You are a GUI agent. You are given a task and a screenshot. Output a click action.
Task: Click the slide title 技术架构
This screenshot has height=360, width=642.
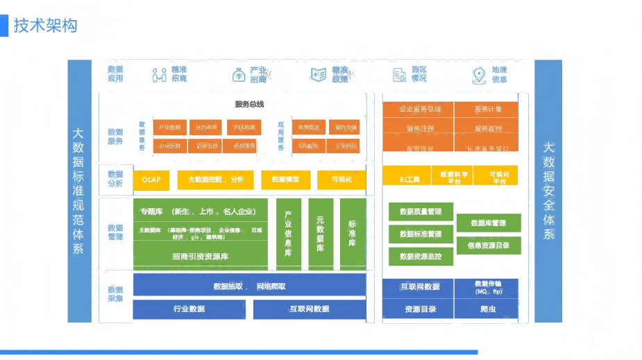click(x=46, y=26)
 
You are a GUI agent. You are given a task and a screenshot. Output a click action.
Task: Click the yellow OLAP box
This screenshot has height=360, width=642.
click(x=151, y=179)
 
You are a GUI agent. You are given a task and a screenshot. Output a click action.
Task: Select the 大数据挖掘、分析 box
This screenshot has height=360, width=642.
click(x=216, y=179)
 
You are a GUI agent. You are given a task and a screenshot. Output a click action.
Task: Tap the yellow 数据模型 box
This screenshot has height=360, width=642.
click(x=286, y=179)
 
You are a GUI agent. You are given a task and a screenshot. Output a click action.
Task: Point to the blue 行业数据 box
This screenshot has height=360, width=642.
click(x=189, y=309)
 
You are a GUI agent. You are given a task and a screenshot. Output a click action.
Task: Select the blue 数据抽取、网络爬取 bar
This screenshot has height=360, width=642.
click(x=249, y=285)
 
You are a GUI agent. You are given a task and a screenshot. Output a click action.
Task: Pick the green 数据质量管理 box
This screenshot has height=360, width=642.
click(x=421, y=212)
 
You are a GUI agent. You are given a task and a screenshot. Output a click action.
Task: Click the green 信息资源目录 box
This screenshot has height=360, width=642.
click(x=489, y=245)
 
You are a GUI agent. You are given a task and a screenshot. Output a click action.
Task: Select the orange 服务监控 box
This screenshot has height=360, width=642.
click(x=488, y=128)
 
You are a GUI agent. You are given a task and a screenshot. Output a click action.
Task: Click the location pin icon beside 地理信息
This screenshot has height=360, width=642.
click(x=479, y=75)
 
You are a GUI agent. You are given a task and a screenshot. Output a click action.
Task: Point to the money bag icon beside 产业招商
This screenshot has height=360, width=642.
click(x=238, y=75)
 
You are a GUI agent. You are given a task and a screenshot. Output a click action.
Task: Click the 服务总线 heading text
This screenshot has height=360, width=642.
click(x=249, y=105)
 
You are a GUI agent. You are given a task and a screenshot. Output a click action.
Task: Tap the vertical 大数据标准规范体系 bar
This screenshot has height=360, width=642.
click(x=80, y=191)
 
